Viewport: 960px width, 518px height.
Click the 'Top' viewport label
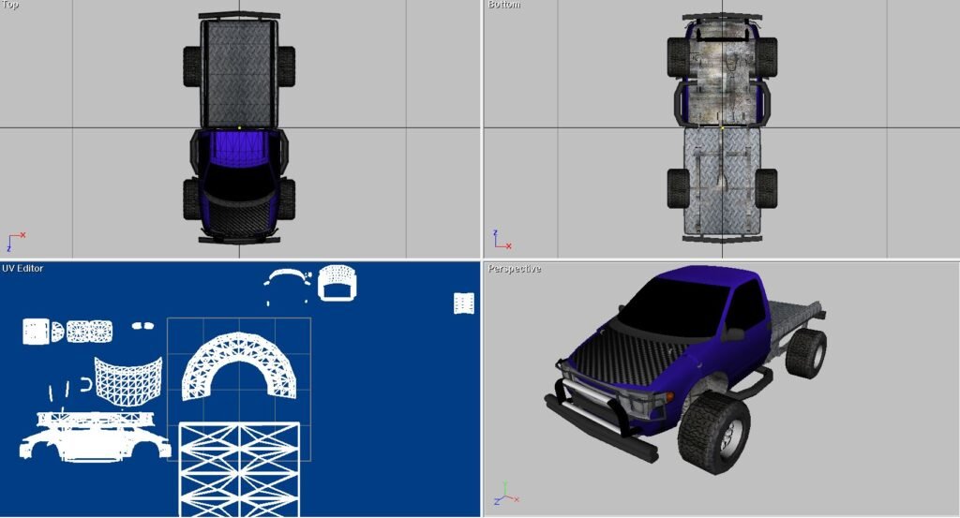tap(10, 5)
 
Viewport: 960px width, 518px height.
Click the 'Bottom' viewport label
tap(504, 5)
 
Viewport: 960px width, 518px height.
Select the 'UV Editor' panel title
tap(22, 268)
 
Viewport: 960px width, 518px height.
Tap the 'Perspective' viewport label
tap(515, 269)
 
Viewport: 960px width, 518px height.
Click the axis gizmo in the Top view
tap(15, 241)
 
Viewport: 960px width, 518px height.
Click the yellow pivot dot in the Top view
tap(239, 127)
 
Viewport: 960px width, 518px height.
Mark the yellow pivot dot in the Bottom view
tap(722, 127)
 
